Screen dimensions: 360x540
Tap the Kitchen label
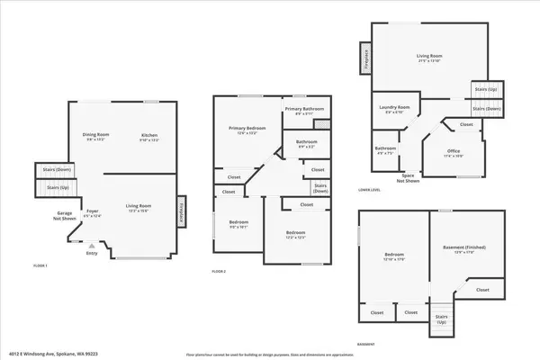148,135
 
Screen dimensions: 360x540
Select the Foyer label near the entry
92,212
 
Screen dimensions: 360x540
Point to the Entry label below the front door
91,254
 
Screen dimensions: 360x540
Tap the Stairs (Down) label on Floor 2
319,188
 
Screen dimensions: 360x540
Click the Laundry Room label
396,109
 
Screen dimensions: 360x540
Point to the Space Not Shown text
409,178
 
